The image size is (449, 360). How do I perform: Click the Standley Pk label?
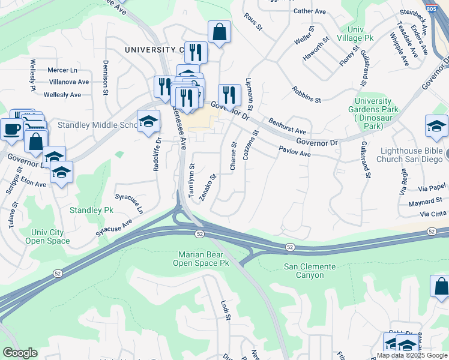coord(91,211)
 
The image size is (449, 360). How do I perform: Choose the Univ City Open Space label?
coord(47,236)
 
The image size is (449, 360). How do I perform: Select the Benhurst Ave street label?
coord(287,127)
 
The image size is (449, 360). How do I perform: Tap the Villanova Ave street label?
coord(69,82)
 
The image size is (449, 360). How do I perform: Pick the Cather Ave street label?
coord(309,11)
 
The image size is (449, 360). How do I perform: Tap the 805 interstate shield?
coord(443,6)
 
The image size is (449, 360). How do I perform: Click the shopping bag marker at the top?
coord(220,32)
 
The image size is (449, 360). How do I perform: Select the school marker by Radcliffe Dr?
coord(148,122)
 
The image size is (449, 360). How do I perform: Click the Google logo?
coord(20,353)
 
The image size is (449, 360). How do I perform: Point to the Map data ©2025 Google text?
coord(411,355)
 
